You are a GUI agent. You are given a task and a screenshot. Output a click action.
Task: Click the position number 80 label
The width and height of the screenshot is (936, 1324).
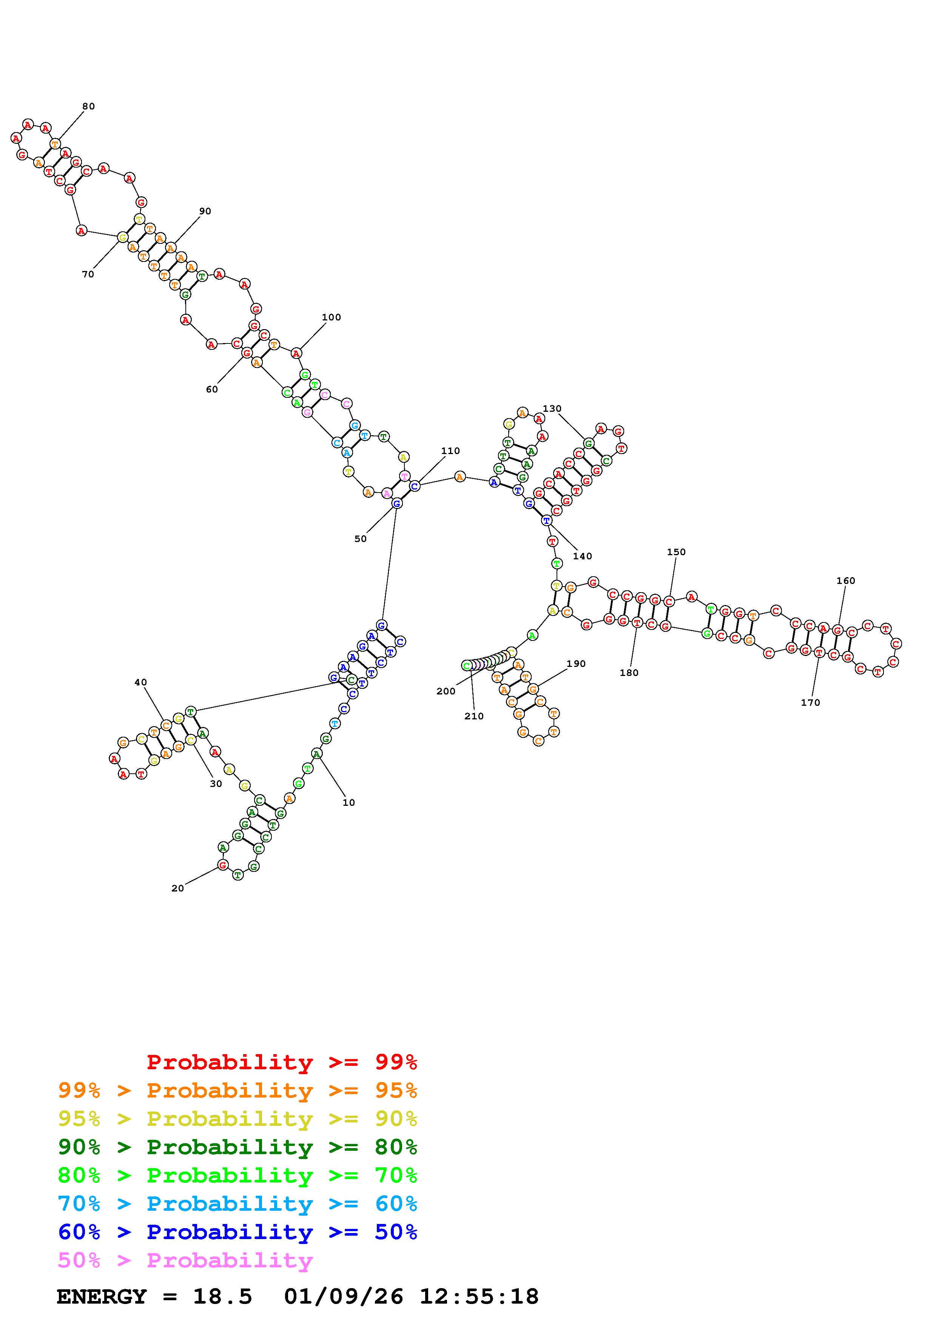coord(88,106)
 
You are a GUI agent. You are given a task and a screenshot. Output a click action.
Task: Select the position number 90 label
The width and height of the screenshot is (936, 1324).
coord(205,211)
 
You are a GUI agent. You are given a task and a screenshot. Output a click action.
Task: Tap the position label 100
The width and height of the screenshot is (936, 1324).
coord(331,317)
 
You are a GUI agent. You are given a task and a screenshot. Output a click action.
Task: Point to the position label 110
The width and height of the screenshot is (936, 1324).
coord(450,451)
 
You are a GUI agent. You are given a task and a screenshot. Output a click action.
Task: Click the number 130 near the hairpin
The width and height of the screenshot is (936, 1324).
coord(552,408)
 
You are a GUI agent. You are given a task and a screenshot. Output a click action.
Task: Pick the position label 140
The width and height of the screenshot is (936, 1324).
coord(583,556)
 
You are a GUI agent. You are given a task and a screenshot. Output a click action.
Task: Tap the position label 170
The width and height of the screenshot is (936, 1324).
coord(810,702)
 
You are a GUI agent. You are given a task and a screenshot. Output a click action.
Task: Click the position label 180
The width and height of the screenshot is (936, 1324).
coord(629,673)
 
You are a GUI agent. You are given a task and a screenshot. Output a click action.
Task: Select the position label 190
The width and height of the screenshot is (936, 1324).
coord(576,664)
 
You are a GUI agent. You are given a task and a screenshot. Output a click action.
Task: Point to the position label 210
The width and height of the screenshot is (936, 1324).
coord(474,716)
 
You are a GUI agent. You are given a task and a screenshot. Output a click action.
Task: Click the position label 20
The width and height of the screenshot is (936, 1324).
coord(177,888)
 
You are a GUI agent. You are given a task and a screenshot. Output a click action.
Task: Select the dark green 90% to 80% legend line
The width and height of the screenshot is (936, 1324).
coord(237,1147)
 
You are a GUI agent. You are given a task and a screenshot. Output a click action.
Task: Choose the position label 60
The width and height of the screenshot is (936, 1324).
coord(212,389)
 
